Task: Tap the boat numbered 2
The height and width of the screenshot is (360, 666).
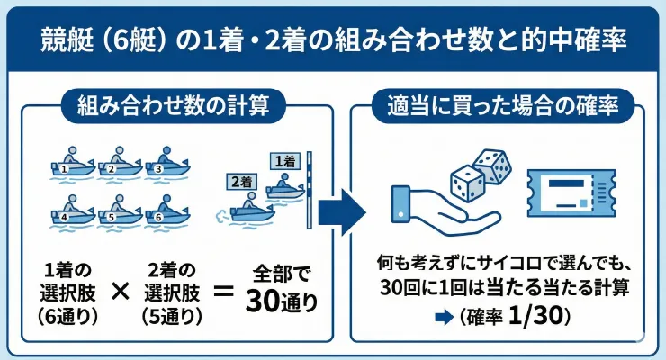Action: click(x=119, y=164)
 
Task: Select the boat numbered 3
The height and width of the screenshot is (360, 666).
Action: click(x=166, y=164)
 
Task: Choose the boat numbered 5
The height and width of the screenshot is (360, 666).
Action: click(x=119, y=213)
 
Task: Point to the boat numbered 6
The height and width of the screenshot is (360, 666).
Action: click(x=166, y=213)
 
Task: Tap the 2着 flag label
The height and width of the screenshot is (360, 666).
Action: click(x=241, y=180)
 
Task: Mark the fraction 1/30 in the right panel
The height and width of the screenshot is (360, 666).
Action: click(x=540, y=319)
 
